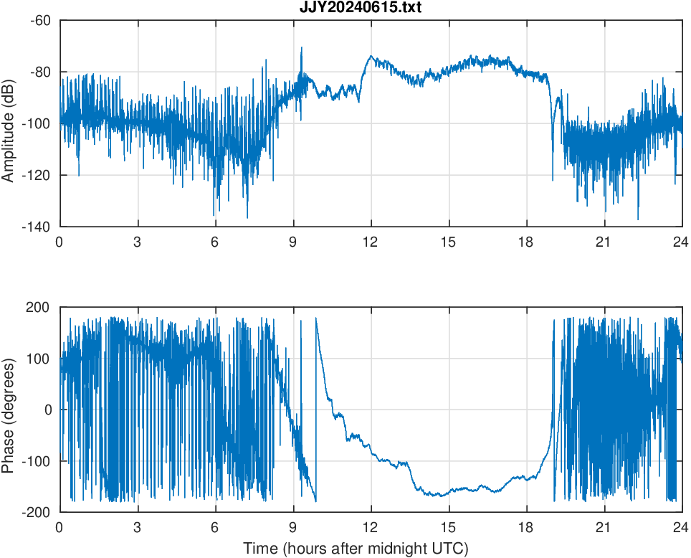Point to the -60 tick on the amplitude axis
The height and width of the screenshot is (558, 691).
coord(40,20)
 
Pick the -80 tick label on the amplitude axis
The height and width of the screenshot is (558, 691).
coord(40,72)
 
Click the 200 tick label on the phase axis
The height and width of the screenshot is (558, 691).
coord(40,307)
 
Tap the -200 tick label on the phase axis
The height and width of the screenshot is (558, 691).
coord(37,512)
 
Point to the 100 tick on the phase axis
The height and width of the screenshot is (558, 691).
coord(40,359)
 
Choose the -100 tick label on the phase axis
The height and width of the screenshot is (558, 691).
coord(37,461)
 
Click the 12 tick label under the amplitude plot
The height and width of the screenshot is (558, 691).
coord(371,242)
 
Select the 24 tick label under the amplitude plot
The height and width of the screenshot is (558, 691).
coord(681,242)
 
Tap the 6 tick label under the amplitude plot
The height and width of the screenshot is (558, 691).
coord(215,242)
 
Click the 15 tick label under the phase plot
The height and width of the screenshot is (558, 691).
coord(449,527)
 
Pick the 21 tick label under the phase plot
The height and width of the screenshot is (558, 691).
coord(604,527)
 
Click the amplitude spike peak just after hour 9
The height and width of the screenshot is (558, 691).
coord(301,48)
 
